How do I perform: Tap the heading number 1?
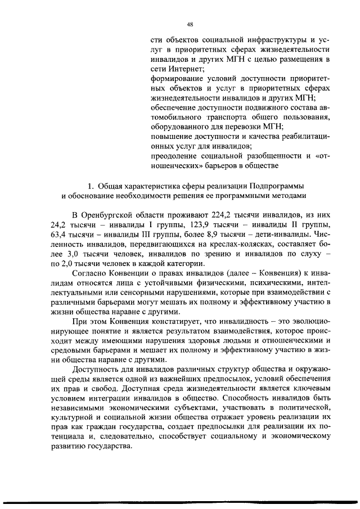[x=92, y=186]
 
